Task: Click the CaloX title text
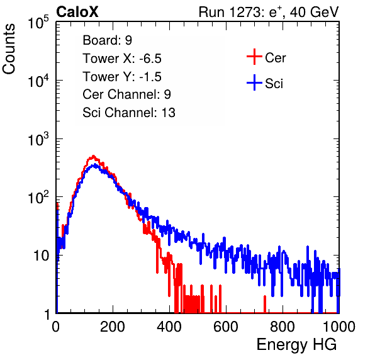tap(77, 12)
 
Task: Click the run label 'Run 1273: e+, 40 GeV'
tap(269, 12)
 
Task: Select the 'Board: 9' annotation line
tap(107, 40)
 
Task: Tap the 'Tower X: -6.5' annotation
tap(122, 59)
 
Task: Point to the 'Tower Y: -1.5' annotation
tap(122, 77)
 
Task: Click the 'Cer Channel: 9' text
tap(126, 94)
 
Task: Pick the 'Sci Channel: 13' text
tap(129, 113)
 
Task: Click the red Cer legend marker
tap(254, 57)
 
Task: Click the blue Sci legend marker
tap(254, 83)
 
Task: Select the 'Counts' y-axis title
tap(9, 49)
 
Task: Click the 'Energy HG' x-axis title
tap(296, 345)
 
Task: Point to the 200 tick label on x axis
tap(113, 327)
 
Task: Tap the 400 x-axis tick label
tap(169, 327)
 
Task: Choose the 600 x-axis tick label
tap(226, 327)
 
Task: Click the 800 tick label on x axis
tap(283, 327)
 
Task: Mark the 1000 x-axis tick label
tap(339, 327)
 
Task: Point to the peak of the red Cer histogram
tap(94, 155)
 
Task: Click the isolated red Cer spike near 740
tap(265, 304)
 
